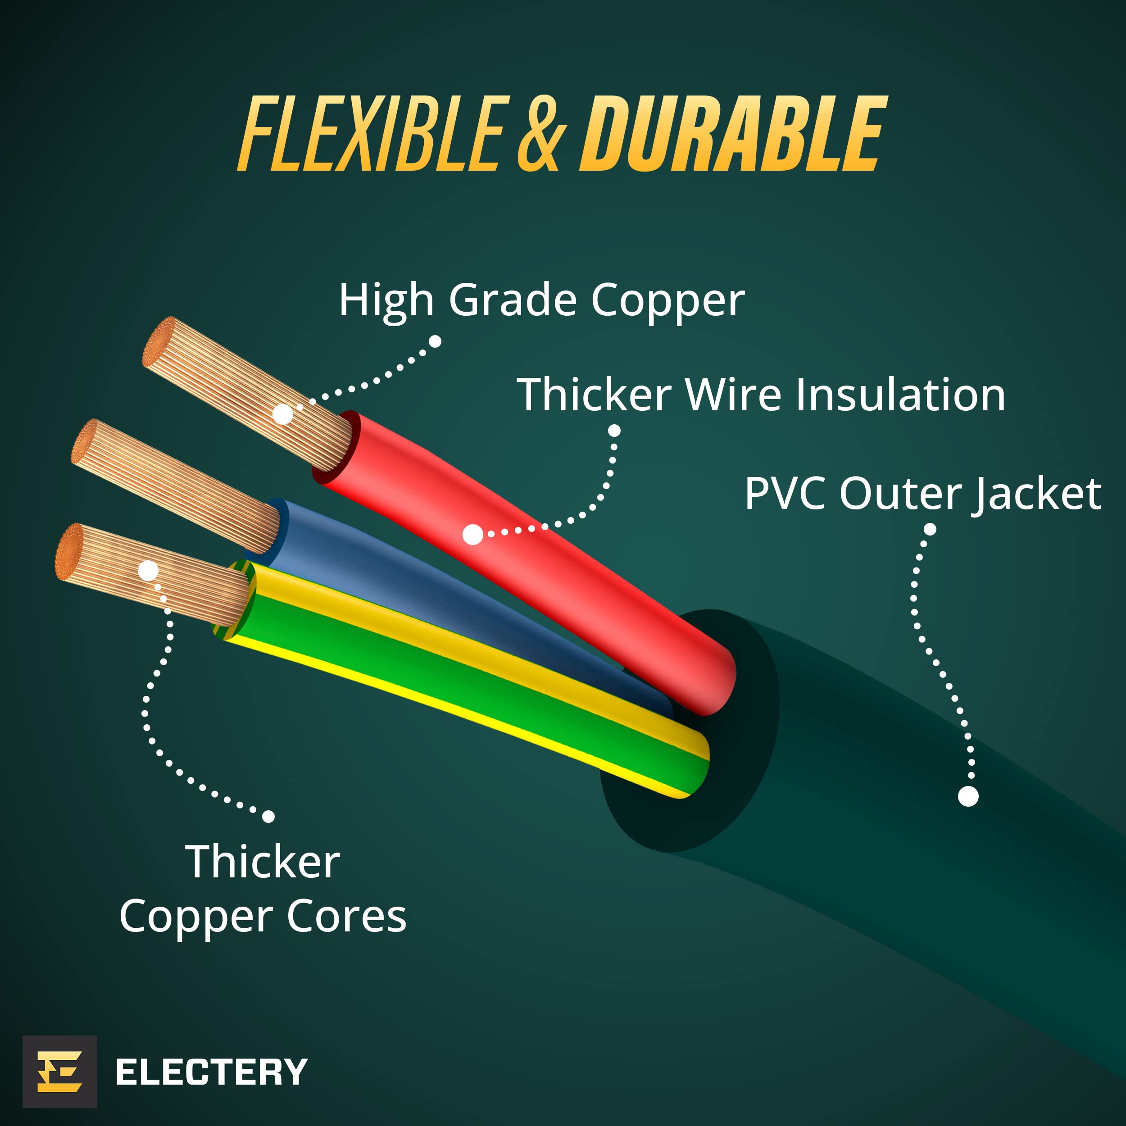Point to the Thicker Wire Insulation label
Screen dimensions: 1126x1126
tap(761, 395)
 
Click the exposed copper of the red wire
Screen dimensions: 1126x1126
tap(248, 393)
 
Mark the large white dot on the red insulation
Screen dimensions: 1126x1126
tap(472, 535)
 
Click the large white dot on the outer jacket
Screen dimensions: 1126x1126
tap(969, 796)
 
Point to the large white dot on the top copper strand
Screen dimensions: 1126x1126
tap(283, 414)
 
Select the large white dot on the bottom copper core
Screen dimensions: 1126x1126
tap(148, 571)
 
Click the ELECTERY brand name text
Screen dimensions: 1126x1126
tap(212, 1072)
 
